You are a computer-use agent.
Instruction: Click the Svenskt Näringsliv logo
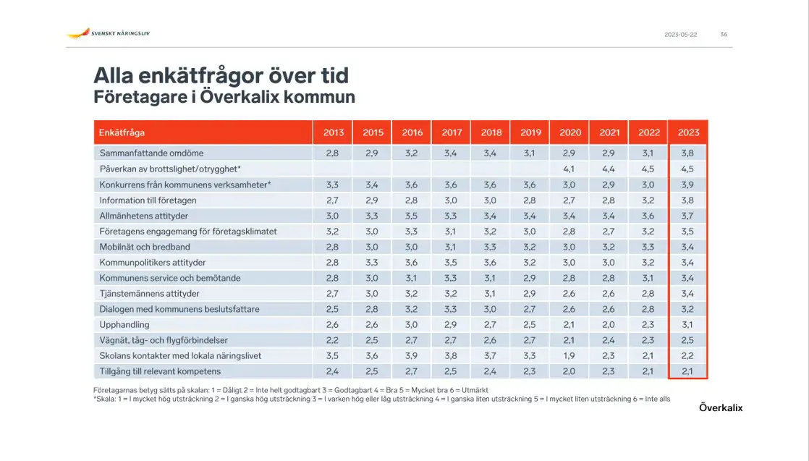coord(109,33)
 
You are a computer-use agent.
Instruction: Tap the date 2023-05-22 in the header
coord(680,35)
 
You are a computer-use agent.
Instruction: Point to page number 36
coord(724,35)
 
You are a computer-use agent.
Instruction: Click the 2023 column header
coord(688,132)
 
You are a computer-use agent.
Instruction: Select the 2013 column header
coord(333,132)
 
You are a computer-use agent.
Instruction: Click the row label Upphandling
coord(124,325)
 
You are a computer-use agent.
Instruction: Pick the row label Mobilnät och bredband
coord(145,247)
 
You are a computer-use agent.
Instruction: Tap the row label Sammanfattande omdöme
coord(151,153)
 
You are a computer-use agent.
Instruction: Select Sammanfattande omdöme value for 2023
coord(688,153)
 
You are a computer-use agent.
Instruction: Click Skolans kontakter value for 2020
coord(570,356)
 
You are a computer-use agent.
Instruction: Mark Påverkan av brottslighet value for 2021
coord(609,169)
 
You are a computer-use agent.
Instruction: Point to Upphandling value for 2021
coord(609,325)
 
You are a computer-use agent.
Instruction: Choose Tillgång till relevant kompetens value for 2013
coord(333,371)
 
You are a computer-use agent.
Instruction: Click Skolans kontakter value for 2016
coord(412,356)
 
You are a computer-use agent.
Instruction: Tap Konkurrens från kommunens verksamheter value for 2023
coord(688,185)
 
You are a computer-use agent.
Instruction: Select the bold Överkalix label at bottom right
coord(721,408)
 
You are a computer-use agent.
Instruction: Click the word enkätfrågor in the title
coord(193,75)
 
